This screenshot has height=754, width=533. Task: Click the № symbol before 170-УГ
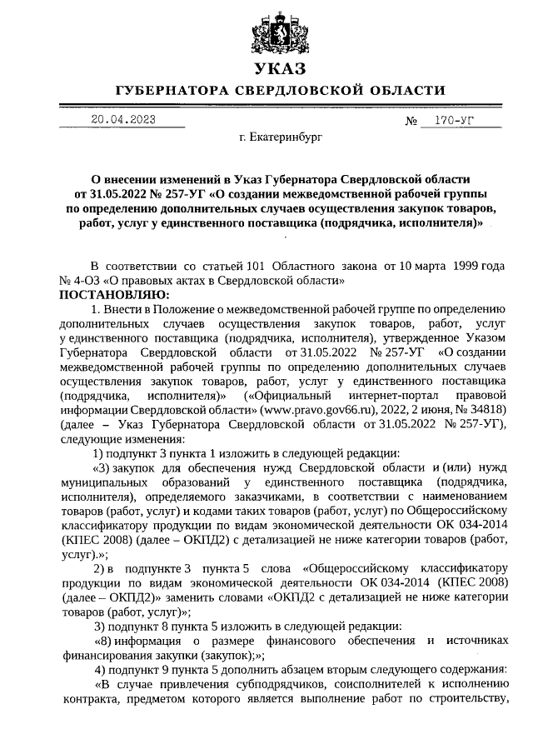411,122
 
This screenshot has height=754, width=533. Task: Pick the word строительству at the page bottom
469,699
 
